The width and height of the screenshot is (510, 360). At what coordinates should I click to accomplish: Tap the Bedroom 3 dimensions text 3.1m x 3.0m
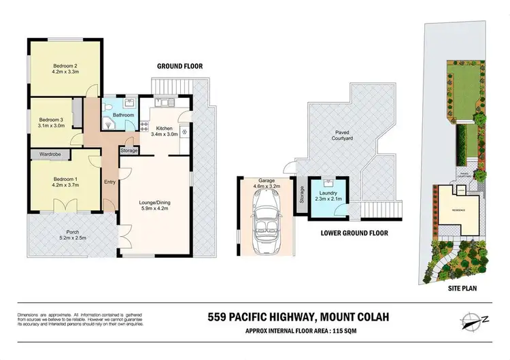50,125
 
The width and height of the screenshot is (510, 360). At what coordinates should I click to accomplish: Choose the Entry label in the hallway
109,182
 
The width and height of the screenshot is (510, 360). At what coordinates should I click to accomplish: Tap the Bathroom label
123,116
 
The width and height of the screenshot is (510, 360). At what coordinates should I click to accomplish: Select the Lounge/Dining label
154,202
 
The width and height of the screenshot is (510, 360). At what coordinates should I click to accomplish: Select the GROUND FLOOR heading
180,66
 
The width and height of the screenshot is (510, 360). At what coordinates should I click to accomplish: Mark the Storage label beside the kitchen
128,150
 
